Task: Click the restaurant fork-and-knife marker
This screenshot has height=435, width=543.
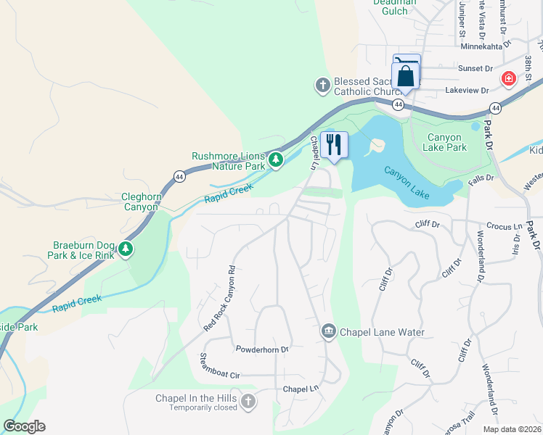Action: [x=334, y=144]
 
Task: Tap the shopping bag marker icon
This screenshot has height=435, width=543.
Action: [x=404, y=76]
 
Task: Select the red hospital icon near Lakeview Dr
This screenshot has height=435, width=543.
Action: [x=508, y=78]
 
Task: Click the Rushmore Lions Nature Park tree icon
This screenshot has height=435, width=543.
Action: [x=275, y=159]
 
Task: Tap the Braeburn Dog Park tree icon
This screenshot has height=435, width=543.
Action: [x=126, y=249]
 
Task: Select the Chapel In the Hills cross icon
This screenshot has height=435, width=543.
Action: [x=248, y=402]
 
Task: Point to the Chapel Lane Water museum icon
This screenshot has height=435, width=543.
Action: [x=328, y=331]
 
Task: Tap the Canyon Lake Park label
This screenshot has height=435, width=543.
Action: [x=446, y=142]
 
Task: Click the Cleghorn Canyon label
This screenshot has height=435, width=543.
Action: [x=139, y=202]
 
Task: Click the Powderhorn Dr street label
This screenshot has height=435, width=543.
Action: [x=262, y=349]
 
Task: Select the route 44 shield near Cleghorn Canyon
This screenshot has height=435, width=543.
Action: [x=179, y=176]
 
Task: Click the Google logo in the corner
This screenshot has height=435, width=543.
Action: [x=24, y=426]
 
